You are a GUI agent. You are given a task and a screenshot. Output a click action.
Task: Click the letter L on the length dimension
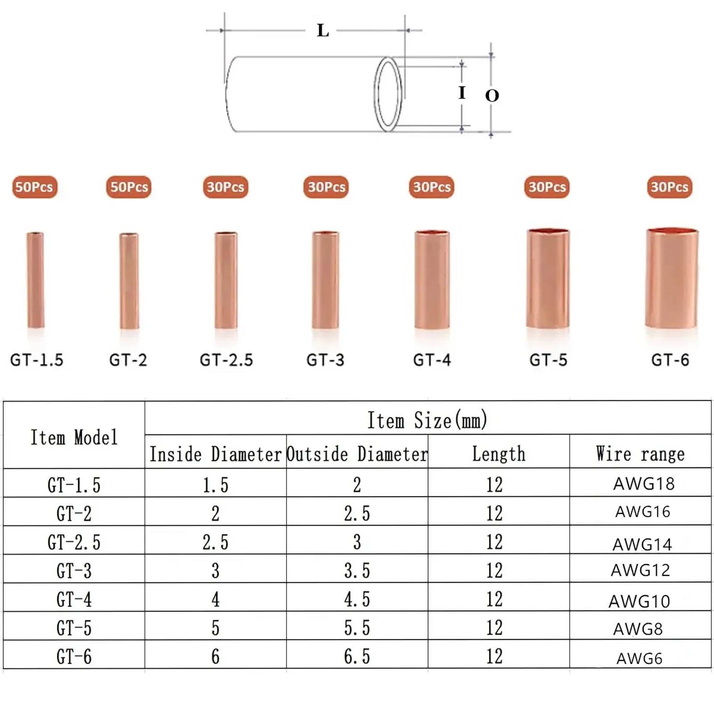[x=323, y=30]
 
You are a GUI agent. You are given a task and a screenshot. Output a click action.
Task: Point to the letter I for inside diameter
[x=462, y=93]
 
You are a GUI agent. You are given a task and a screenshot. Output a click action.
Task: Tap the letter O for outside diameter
[x=492, y=95]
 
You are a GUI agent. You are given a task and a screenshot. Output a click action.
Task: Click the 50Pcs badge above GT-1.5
[x=34, y=187]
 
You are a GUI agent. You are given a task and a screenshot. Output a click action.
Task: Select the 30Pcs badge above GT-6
[x=669, y=187]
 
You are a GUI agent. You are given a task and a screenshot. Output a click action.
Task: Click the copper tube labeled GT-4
[x=432, y=280]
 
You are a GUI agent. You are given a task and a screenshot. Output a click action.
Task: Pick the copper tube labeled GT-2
[x=129, y=281]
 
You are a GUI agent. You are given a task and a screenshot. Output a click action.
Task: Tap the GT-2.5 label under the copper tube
[x=226, y=360]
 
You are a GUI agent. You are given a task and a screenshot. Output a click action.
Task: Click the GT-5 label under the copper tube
[x=548, y=360]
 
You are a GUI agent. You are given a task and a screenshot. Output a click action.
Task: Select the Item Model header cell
[x=74, y=437]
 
